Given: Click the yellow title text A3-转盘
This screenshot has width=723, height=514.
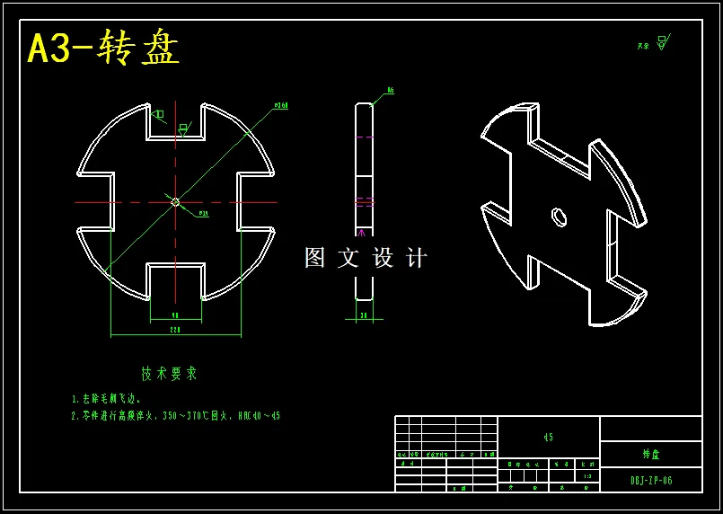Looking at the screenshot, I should coord(103,49).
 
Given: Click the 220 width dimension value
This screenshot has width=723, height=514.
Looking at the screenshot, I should coord(175,331).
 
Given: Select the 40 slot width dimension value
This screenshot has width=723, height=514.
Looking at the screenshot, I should coord(175,315).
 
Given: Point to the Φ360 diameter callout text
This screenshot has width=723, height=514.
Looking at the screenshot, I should coord(280,106).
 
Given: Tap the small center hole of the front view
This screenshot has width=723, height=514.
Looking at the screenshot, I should coord(175,202).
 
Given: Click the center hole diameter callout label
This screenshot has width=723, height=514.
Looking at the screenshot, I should coord(203,214).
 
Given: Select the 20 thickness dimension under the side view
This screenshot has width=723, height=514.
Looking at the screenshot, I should coord(364,315).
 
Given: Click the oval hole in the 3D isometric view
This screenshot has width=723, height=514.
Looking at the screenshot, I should coord(559,217).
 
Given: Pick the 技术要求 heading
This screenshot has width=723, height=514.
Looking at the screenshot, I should coord(169,373).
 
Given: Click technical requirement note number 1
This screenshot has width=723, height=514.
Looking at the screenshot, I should coord(106,398).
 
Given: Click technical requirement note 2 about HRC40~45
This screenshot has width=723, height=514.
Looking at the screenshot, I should coord(175,416).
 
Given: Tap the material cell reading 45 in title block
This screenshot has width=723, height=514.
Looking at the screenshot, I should coord(548,438).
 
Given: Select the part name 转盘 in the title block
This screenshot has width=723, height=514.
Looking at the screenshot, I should coord(650,455).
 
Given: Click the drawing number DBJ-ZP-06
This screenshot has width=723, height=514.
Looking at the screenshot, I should coord(650,481).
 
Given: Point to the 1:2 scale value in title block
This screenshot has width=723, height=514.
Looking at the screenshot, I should coord(588,476).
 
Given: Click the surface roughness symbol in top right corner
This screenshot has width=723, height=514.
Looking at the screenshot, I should coord(662,42).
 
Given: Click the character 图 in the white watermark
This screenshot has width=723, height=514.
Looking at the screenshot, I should coord(314,258).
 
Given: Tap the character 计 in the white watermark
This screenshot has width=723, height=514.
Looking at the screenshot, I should coord(417,258).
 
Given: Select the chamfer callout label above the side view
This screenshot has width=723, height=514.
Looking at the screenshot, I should coord(391,91).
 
